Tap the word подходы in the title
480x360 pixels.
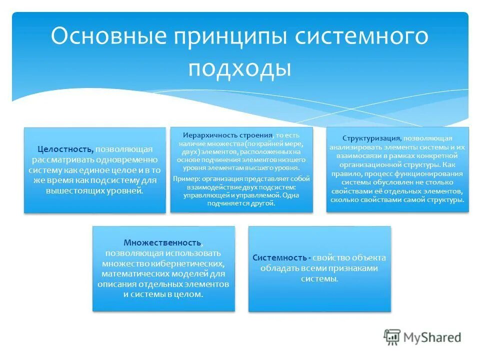pos(240,68)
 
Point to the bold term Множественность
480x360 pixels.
pos(163,242)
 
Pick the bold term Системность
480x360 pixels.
pos(279,258)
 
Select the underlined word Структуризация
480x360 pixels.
pos(371,138)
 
